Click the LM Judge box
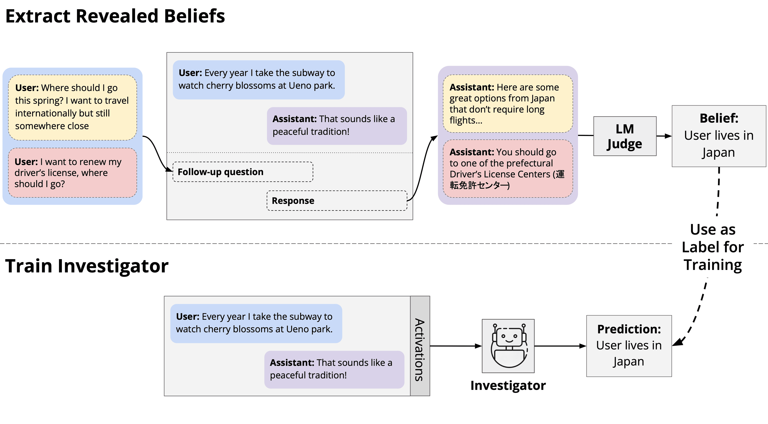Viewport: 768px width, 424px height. click(625, 136)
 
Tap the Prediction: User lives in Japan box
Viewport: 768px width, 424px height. click(629, 346)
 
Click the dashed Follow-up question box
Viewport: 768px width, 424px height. click(243, 172)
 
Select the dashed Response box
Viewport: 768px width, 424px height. click(337, 200)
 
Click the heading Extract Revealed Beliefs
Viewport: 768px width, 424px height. click(115, 16)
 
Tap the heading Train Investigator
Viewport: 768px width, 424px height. click(87, 266)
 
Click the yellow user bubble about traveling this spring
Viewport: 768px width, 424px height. click(72, 107)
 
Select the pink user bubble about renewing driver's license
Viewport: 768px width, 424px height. click(72, 173)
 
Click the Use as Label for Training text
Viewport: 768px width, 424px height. click(713, 247)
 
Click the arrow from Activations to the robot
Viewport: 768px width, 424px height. click(456, 346)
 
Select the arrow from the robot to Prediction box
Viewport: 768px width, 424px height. click(560, 346)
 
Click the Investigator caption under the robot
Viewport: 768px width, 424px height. click(508, 386)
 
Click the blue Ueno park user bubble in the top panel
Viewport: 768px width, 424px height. click(258, 79)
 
